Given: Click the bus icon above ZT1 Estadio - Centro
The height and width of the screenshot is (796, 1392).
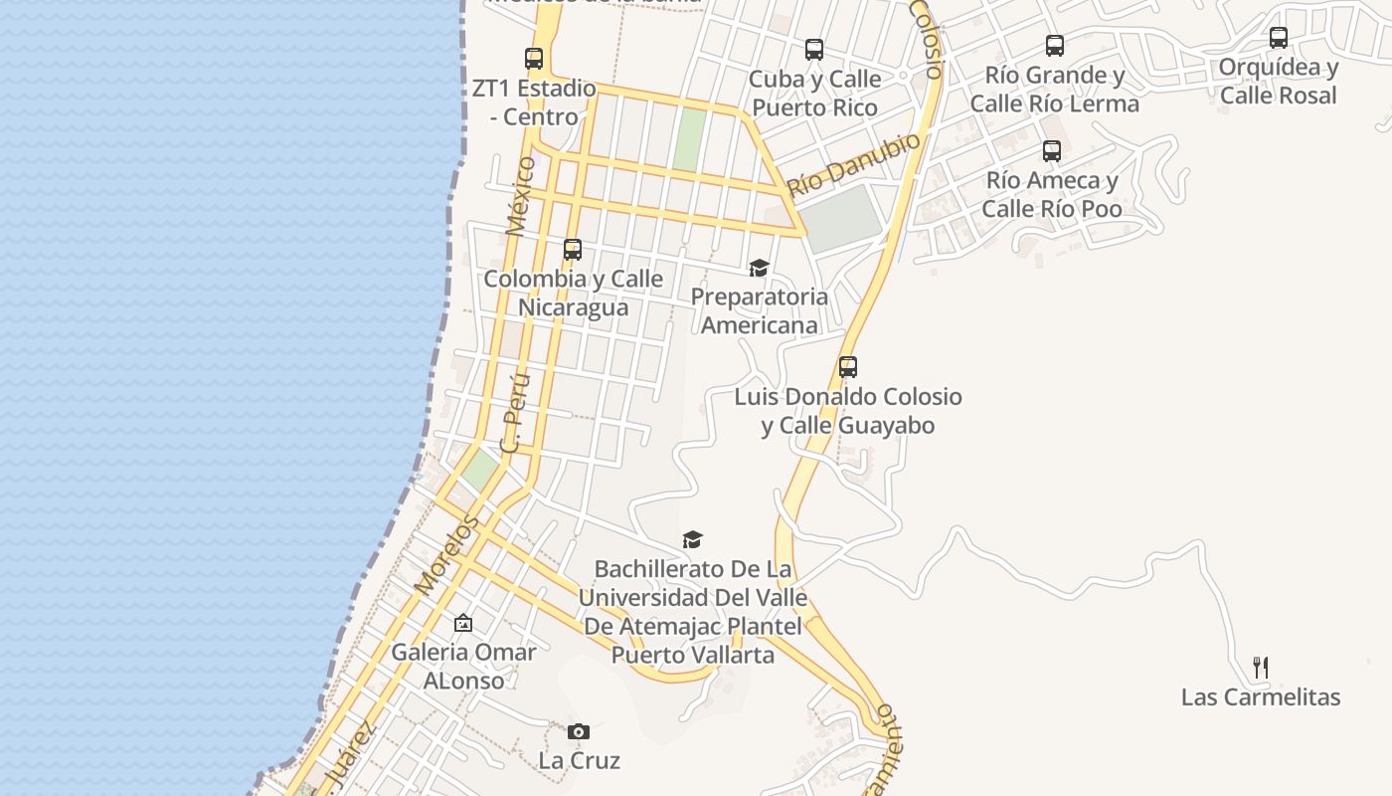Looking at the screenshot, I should coord(534,59).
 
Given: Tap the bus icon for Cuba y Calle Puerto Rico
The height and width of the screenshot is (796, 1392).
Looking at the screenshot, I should coord(814,50).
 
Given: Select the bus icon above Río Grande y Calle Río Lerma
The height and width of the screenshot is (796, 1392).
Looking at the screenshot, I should coord(1055,46).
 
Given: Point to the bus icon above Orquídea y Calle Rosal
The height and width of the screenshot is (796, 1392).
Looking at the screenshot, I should coord(1279,38).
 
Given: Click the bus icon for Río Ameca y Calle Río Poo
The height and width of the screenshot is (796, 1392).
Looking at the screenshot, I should coord(1052,151).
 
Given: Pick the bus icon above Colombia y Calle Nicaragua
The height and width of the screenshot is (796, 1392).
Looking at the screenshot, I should coord(573,250).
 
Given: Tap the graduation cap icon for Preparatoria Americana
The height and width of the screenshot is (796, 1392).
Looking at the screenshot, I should coord(760,268).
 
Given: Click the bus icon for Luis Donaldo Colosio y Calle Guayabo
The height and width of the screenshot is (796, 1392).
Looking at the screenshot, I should coord(848,367).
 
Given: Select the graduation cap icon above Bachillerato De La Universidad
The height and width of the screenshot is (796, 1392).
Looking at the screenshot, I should coord(692,540).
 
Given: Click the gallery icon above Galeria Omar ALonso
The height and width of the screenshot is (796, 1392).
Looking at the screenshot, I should coord(463,624).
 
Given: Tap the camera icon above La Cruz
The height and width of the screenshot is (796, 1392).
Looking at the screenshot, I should coord(579,732).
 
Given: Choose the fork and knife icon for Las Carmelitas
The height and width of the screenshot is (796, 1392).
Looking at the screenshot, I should coord(1261,668).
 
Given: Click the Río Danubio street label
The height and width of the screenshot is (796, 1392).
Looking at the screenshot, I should coord(854,164).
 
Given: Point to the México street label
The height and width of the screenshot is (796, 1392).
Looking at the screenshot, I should coord(520,195).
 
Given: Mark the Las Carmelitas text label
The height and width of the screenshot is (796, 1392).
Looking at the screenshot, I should coord(1261,696).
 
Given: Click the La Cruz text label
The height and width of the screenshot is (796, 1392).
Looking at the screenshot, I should coord(580,761).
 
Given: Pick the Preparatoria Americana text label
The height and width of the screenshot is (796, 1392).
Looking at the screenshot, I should coord(760,310).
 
